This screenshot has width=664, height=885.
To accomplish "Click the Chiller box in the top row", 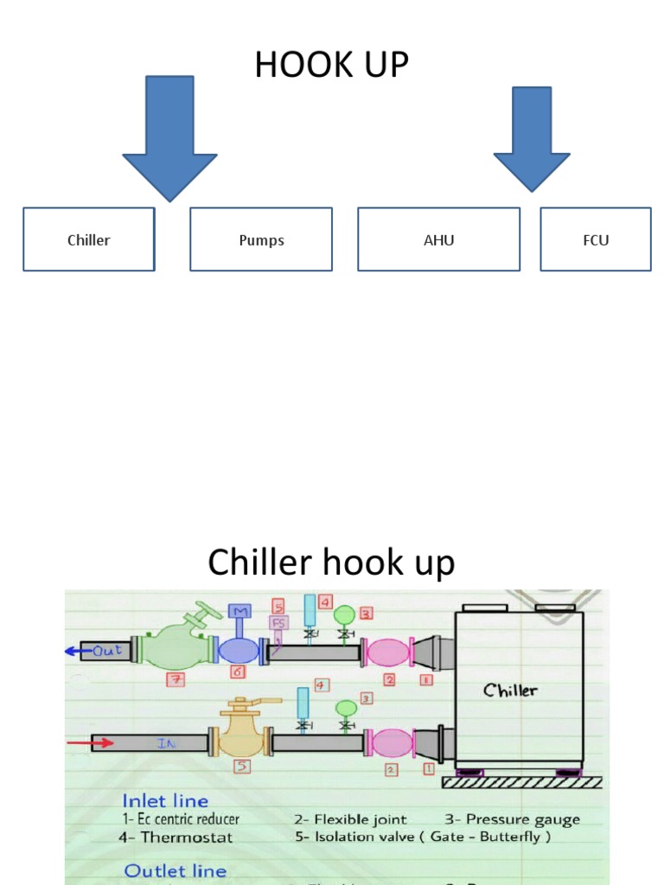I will [x=89, y=239].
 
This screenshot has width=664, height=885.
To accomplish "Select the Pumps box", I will [x=261, y=239].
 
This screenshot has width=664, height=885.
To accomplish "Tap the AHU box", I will [x=438, y=239].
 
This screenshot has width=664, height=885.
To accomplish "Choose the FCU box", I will [x=596, y=239].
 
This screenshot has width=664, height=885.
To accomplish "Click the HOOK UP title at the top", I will [x=331, y=66].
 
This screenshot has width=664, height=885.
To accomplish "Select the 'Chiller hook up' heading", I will [x=331, y=563].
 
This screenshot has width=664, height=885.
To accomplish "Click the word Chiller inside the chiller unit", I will [x=510, y=690].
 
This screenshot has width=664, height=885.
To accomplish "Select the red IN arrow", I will [x=90, y=742].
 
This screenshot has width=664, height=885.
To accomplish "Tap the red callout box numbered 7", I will [x=176, y=680].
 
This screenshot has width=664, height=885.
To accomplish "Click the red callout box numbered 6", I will [x=237, y=672].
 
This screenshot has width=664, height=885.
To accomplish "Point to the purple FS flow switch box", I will [x=278, y=622].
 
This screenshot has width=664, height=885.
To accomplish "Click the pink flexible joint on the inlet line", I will [x=393, y=743].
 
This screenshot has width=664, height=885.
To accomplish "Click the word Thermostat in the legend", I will [x=187, y=837].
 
